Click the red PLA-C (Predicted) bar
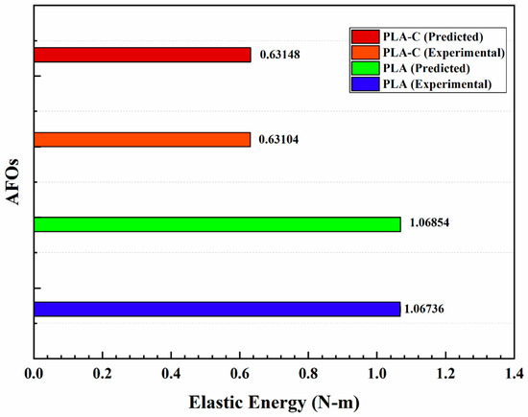tap(142, 55)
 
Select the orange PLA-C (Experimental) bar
tap(142, 140)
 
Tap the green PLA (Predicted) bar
tap(217, 224)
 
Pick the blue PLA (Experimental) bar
tap(217, 309)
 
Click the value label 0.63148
tap(282, 55)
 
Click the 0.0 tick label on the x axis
tap(35, 374)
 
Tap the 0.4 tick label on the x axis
tap(171, 374)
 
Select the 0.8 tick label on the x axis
tap(308, 374)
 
